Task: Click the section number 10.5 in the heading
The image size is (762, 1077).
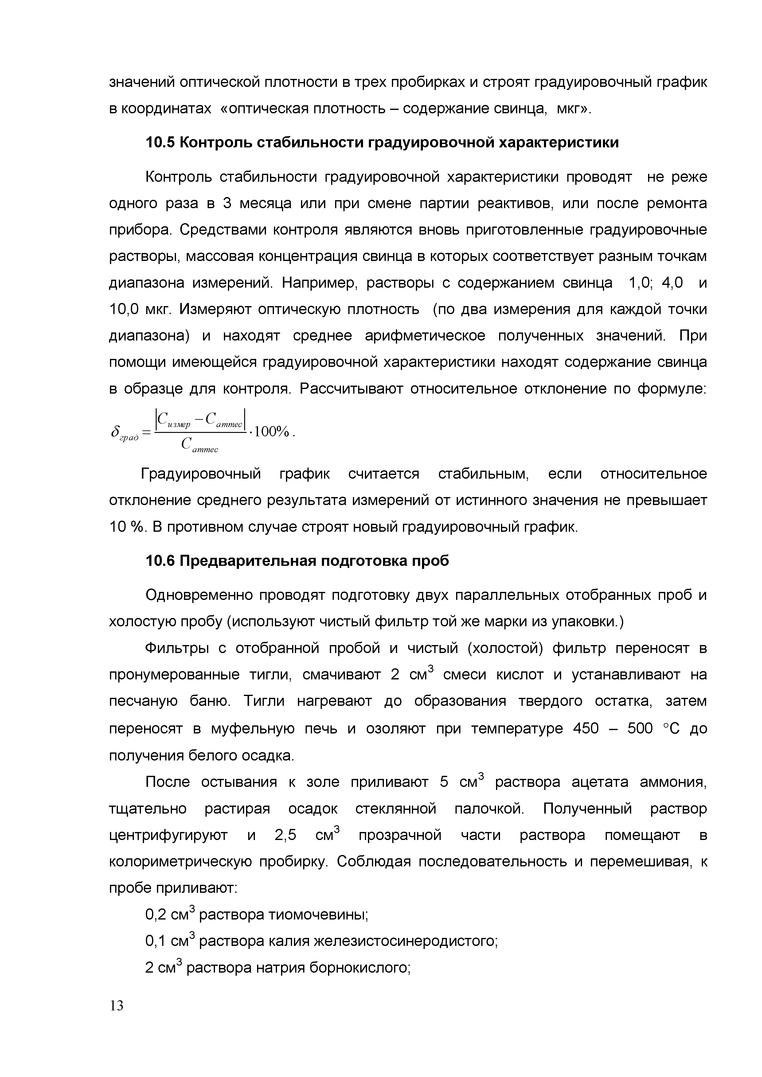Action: point(160,142)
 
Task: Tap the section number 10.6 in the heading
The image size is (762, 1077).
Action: point(160,561)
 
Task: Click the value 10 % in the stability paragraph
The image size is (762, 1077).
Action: point(126,527)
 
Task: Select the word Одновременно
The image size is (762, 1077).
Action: point(199,595)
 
